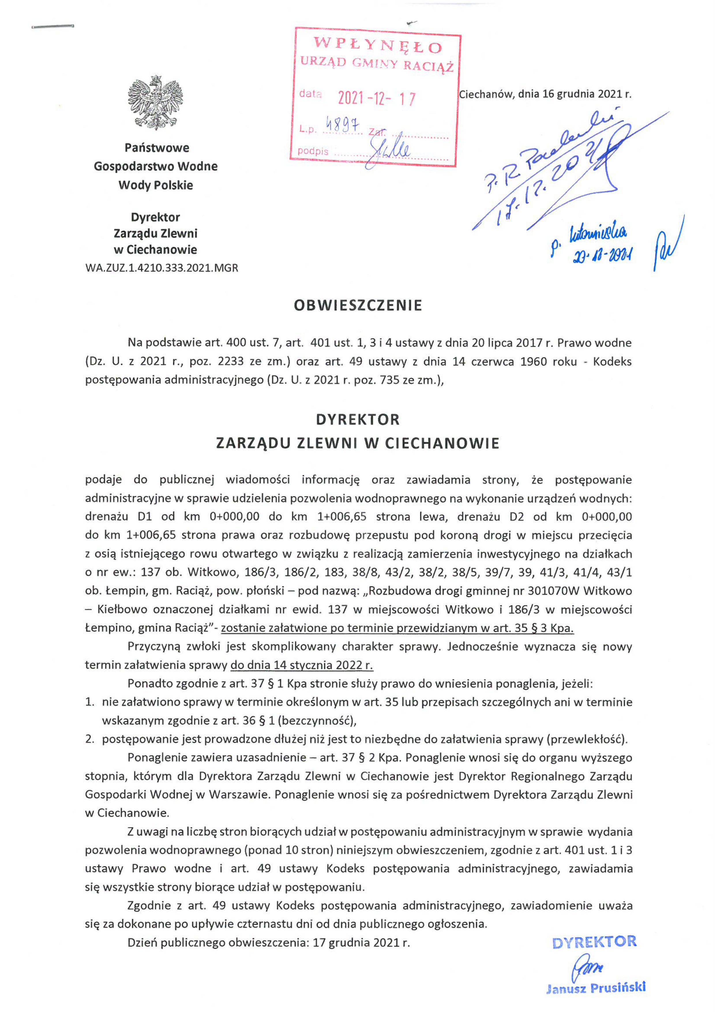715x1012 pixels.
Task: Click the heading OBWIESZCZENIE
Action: (358, 306)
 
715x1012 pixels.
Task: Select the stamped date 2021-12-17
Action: (376, 98)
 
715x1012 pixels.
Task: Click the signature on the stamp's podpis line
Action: (390, 150)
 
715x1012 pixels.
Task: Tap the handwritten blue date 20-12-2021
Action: (602, 255)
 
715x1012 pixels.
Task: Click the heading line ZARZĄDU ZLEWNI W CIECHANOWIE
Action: (358, 443)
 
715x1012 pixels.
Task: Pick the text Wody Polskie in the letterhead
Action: (155, 185)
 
